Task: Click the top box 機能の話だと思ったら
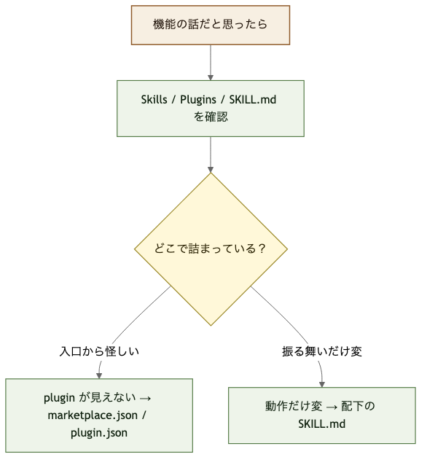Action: click(210, 24)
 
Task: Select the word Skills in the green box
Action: click(155, 100)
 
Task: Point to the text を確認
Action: click(210, 117)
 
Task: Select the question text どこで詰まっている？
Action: click(210, 249)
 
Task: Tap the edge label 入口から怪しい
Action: click(99, 351)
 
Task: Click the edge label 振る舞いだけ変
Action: click(322, 351)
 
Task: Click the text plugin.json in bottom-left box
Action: click(99, 432)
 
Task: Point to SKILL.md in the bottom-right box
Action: click(322, 423)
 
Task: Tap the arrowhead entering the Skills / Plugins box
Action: click(210, 76)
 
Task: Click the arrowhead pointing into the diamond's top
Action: click(210, 168)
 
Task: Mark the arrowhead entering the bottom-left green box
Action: click(99, 375)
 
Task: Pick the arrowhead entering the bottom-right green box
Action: click(322, 383)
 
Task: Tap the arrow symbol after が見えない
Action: click(144, 399)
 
